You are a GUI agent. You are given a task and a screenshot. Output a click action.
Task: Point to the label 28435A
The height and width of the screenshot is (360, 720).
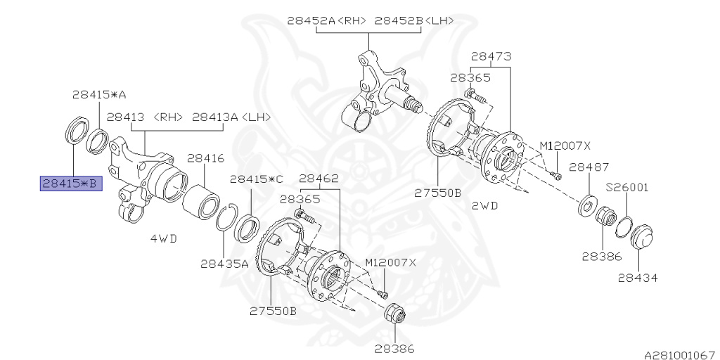pyautogui.click(x=224, y=264)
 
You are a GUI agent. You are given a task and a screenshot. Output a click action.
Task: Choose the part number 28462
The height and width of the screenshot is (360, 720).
pyautogui.click(x=320, y=179)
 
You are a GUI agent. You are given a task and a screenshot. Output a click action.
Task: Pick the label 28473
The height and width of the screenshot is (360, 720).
pyautogui.click(x=491, y=56)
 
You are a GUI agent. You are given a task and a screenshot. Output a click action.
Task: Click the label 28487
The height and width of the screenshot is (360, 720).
pyautogui.click(x=589, y=167)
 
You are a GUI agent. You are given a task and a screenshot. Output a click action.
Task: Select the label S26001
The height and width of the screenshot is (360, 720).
pyautogui.click(x=628, y=188)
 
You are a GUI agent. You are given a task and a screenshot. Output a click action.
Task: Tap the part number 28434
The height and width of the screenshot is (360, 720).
pyautogui.click(x=638, y=278)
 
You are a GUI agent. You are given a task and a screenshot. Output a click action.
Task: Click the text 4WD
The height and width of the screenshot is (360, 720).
pyautogui.click(x=164, y=238)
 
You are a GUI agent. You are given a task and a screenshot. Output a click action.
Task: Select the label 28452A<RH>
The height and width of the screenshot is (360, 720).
pyautogui.click(x=327, y=20)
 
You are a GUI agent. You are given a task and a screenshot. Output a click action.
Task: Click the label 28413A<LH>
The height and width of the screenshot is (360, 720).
pyautogui.click(x=231, y=117)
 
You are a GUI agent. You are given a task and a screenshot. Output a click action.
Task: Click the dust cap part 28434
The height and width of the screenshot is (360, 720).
pyautogui.click(x=642, y=238)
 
